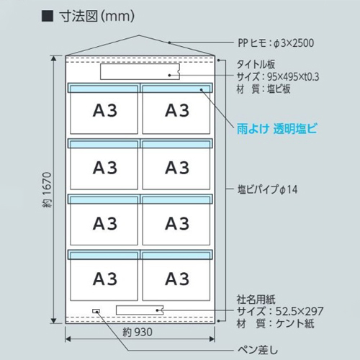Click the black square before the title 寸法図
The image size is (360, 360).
(48, 16)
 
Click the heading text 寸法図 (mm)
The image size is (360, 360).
(96, 17)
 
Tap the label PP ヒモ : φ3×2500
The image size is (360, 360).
(276, 43)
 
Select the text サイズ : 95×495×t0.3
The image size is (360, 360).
(278, 77)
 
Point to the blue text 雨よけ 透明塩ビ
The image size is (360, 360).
(277, 129)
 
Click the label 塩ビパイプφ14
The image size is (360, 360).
(267, 189)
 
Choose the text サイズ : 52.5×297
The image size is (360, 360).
(280, 311)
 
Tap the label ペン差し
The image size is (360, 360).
(258, 350)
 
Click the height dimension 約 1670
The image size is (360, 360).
(48, 189)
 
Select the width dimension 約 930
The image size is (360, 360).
(138, 332)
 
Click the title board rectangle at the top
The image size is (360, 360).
(140, 71)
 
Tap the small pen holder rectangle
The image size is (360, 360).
(96, 311)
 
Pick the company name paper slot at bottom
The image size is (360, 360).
(140, 310)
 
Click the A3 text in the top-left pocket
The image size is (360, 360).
(105, 111)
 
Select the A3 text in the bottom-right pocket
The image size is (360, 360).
(177, 279)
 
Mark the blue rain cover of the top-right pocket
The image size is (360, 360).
(176, 88)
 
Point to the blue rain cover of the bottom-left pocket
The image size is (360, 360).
(104, 255)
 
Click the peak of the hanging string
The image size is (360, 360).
(139, 35)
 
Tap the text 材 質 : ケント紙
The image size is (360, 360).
(275, 323)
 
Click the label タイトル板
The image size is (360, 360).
(256, 64)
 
